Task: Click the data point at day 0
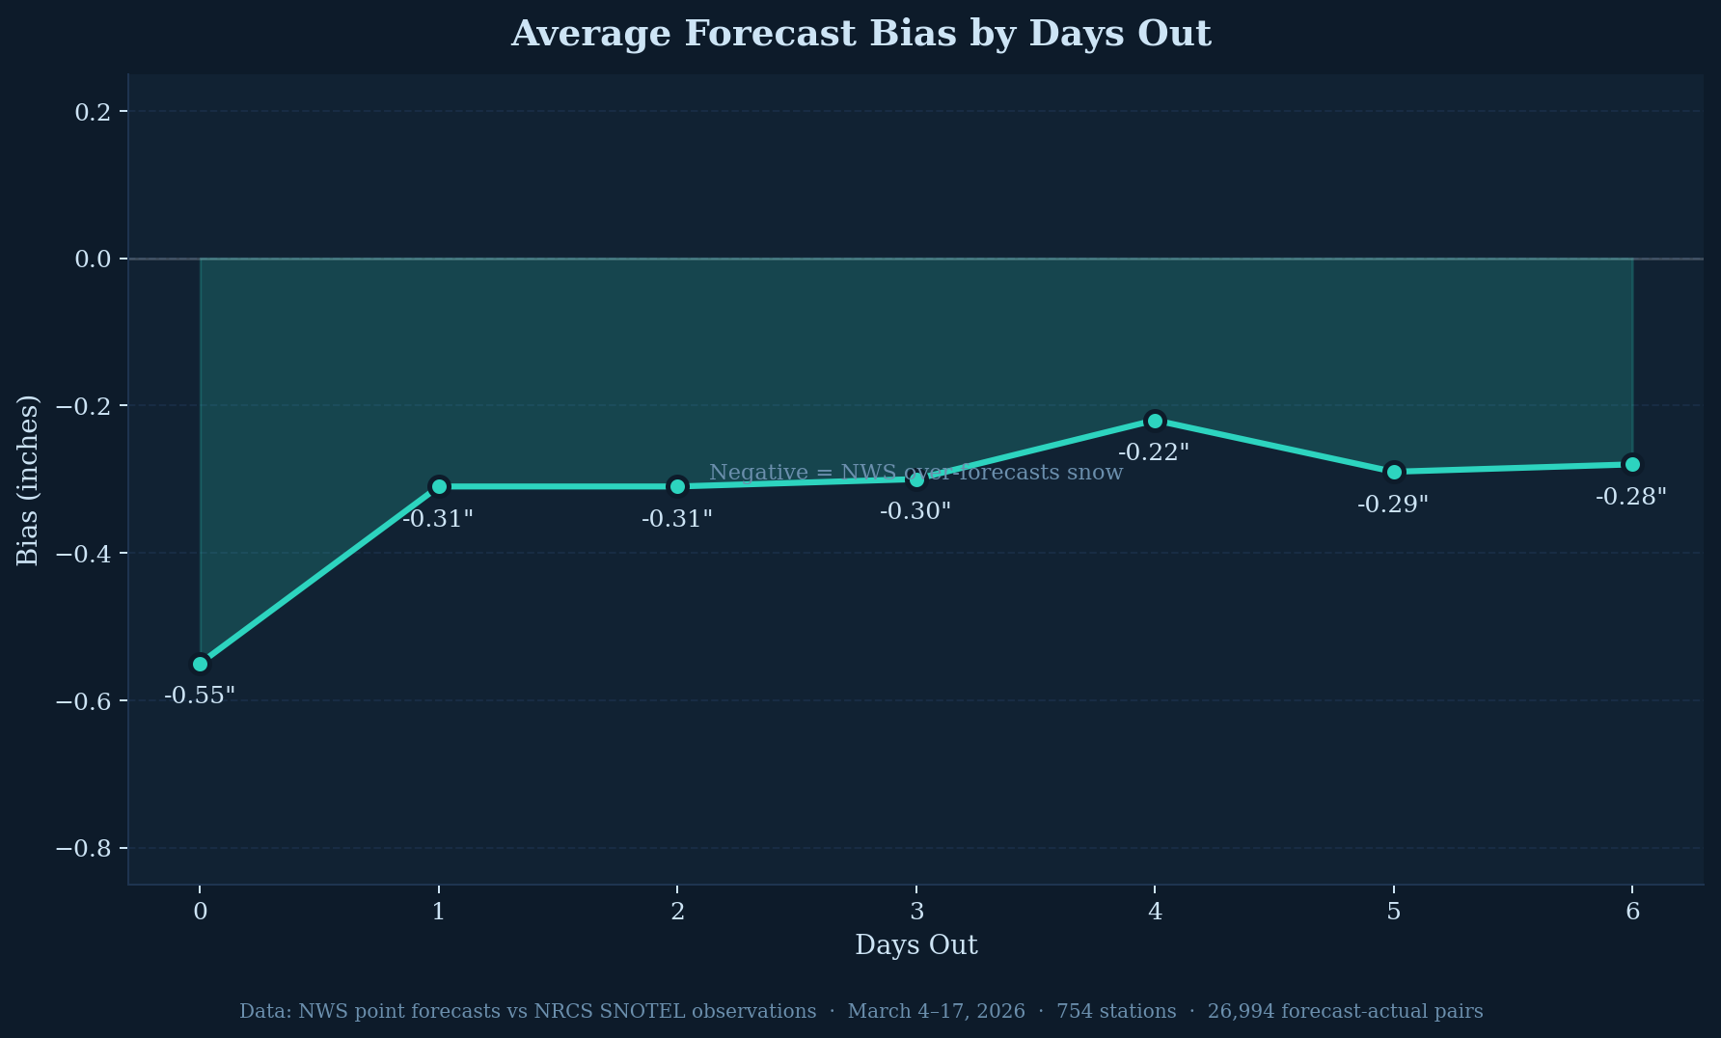200,664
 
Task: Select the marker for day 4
1155,421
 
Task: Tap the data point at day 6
1632,464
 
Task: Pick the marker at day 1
439,486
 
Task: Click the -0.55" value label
200,696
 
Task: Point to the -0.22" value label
1154,452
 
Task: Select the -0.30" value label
915,511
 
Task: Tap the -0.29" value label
1393,505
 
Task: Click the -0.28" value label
1631,497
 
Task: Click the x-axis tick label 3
916,912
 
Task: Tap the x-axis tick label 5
1394,912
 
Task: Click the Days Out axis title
916,945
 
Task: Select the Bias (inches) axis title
28,479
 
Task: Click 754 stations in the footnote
1116,1011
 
